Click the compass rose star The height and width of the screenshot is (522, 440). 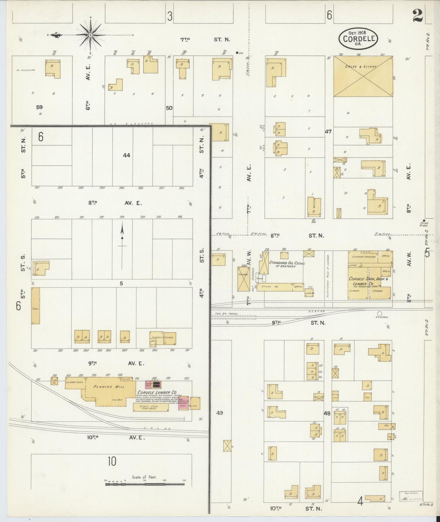tap(90, 35)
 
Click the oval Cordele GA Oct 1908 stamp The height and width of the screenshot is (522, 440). tap(358, 39)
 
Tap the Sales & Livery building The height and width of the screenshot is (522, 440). tap(363, 76)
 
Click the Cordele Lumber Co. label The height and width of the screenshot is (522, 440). tap(157, 392)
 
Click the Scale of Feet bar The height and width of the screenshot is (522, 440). tap(145, 484)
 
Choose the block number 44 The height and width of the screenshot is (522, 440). tap(126, 155)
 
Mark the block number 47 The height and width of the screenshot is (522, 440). tap(328, 132)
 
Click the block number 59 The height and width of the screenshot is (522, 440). tap(39, 107)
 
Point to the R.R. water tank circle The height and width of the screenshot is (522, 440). tap(379, 313)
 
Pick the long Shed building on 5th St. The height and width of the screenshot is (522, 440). tap(35, 305)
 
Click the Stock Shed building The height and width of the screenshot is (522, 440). tap(150, 407)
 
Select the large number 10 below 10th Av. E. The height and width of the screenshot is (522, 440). tap(112, 461)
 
